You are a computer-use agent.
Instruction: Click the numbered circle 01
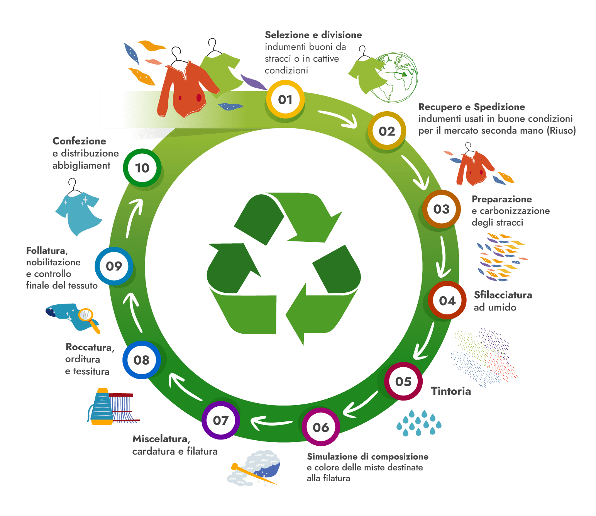(285, 100)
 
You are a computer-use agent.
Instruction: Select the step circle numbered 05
(403, 382)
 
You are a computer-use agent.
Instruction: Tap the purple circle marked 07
(221, 420)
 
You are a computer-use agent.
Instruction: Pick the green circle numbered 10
(142, 168)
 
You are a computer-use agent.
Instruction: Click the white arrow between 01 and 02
(337, 118)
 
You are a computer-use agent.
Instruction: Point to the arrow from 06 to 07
(271, 422)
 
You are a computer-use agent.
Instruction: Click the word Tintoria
(451, 391)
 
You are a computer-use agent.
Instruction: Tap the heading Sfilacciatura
(503, 295)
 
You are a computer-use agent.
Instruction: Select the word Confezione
(80, 141)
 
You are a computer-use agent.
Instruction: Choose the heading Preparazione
(501, 199)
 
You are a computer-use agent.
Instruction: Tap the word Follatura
(47, 251)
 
